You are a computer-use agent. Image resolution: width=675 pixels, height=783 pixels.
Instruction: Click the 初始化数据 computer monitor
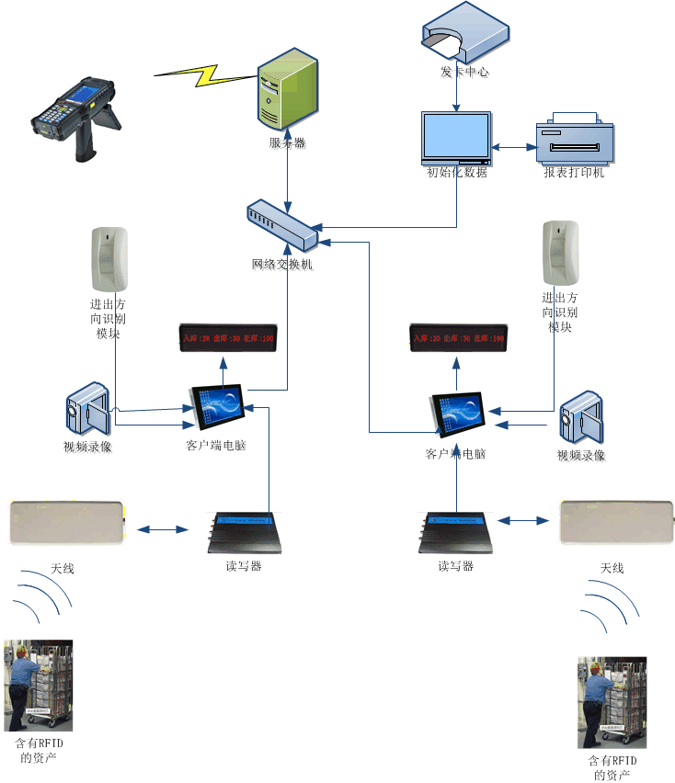click(x=456, y=137)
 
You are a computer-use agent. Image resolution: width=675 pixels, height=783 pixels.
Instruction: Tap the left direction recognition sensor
click(x=109, y=258)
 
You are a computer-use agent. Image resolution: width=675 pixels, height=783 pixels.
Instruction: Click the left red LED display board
click(x=226, y=339)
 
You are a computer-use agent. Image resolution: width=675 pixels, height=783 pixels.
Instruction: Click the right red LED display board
click(x=457, y=339)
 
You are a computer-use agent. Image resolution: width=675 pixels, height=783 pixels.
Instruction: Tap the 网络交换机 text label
click(x=282, y=265)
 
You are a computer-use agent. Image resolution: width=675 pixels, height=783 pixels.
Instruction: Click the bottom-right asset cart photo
click(x=611, y=702)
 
